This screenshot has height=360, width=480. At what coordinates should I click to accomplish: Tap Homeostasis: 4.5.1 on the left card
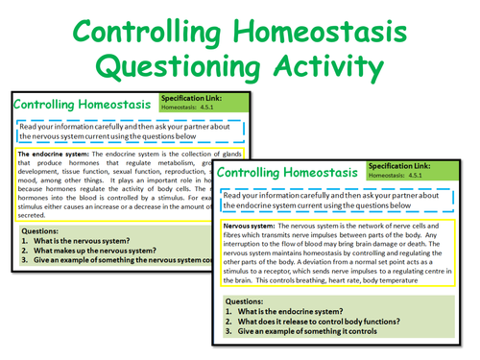[190, 108]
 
